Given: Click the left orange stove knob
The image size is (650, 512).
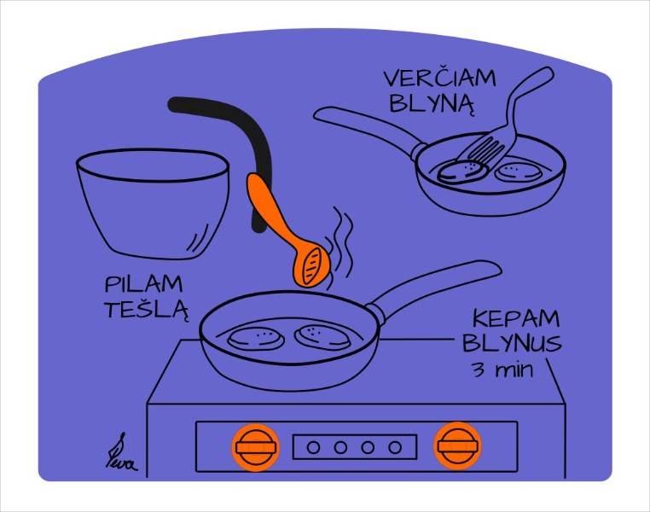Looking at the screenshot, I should click(256, 446).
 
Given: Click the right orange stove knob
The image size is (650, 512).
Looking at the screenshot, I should click(457, 445).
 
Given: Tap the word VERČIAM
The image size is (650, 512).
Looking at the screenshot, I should click(439, 79).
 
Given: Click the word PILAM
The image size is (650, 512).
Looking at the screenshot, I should click(144, 283).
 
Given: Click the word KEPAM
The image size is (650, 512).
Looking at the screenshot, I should click(516, 320).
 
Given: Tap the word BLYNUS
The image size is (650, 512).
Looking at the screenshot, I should click(512, 344).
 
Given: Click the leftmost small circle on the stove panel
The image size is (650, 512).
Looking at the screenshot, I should click(313, 446).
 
